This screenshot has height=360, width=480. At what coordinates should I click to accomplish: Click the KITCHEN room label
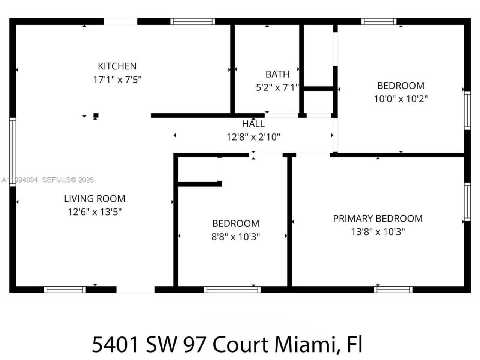coord(117,66)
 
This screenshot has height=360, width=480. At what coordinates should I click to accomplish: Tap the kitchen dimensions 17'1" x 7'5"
coord(117,79)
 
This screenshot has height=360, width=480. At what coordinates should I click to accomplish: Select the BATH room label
coord(277,74)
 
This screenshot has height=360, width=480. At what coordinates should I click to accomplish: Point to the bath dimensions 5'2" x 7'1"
coord(277,88)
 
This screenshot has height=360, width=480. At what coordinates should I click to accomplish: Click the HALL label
coord(253,124)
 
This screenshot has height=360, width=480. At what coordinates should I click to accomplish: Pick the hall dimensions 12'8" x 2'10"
coord(253,137)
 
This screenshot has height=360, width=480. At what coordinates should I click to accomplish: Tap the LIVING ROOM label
coord(94,199)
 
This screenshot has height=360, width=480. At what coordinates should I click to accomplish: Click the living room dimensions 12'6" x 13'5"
coord(94,212)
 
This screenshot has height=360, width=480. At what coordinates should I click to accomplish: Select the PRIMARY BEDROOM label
coord(378,219)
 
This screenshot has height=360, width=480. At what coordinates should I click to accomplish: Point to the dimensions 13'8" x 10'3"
coord(378,232)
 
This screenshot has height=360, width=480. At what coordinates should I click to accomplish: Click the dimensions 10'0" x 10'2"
coord(401,99)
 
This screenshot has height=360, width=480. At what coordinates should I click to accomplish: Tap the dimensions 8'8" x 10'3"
coord(236,237)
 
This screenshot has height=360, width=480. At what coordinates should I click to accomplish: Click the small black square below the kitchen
coord(96,115)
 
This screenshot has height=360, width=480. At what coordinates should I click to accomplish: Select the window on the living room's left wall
coord(13,152)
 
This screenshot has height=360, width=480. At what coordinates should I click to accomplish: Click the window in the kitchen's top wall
coord(193,21)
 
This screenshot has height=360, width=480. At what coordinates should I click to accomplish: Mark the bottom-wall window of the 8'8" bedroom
coord(232,289)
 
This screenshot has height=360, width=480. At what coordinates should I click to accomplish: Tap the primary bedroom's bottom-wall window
coord(393,289)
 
